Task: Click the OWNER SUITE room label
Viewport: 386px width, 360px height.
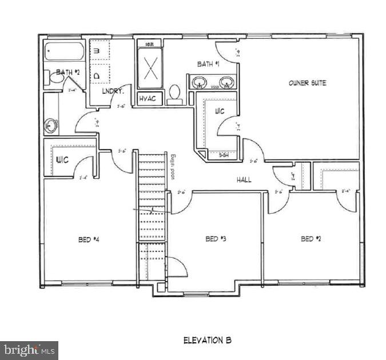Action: [x=307, y=83]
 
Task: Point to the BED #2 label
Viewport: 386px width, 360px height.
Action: [x=311, y=239]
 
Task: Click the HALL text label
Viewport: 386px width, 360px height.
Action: [x=245, y=180]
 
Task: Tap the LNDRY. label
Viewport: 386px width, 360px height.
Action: [x=110, y=91]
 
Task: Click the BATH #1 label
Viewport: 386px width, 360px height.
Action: [x=209, y=64]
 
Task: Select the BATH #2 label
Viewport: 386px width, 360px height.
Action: [x=67, y=72]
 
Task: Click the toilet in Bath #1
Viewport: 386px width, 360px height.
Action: [x=175, y=93]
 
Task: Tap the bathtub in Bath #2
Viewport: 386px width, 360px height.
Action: [x=64, y=52]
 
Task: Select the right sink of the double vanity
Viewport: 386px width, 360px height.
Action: [x=227, y=82]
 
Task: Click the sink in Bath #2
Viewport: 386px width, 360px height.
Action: [x=51, y=125]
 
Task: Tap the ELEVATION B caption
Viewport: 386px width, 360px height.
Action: [x=207, y=340]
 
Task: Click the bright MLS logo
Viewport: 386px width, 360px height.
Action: [x=29, y=350]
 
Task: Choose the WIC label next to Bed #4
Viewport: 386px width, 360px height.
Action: [x=62, y=159]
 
